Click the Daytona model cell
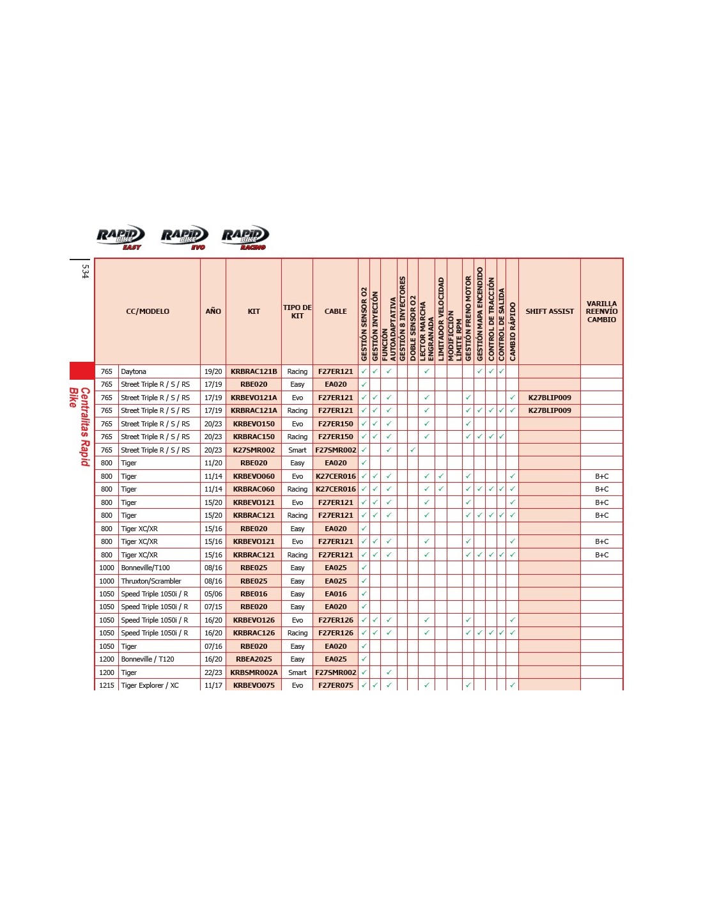(x=134, y=371)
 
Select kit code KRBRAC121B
(x=254, y=371)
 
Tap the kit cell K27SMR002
(x=254, y=450)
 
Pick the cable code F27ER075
(x=336, y=685)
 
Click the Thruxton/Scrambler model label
(x=151, y=581)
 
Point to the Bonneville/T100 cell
(x=146, y=568)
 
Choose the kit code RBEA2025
(x=254, y=659)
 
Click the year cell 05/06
(x=213, y=594)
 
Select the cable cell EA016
(x=336, y=594)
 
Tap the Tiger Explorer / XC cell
(x=150, y=685)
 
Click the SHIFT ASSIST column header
(x=550, y=311)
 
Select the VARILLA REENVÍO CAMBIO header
(x=601, y=311)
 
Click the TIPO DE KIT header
(x=297, y=311)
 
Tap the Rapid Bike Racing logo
(x=245, y=237)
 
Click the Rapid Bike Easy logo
(x=121, y=237)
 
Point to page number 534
(x=85, y=272)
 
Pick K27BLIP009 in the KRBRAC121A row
(x=550, y=410)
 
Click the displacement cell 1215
(x=107, y=685)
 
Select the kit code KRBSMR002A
(x=254, y=672)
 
